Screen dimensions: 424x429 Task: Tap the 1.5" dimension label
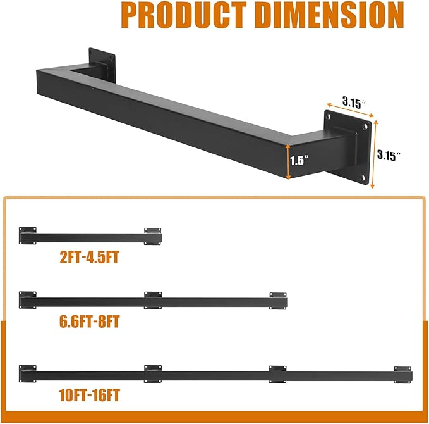[298, 160]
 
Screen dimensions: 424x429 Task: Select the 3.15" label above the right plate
[355, 101]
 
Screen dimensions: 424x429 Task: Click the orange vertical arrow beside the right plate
[374, 154]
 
